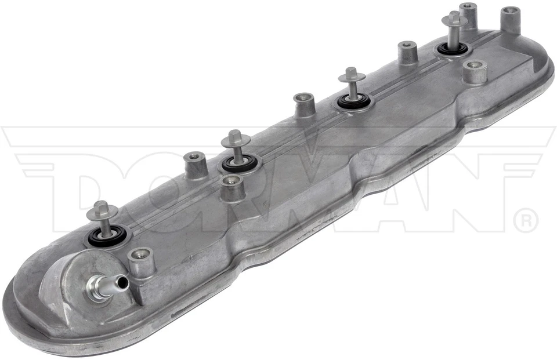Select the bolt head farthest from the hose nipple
[x=454, y=19]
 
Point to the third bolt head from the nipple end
[x=352, y=75]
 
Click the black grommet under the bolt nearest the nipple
[x=106, y=237]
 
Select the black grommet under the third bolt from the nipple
[x=353, y=103]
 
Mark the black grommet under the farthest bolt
[x=453, y=49]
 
